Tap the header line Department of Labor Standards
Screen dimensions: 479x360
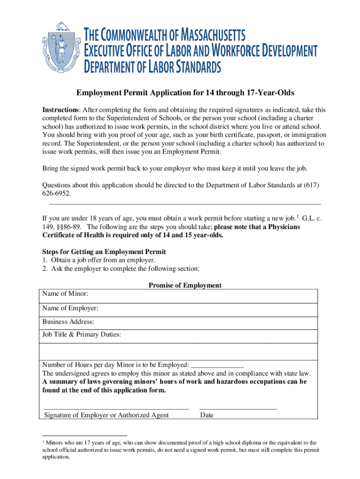click(x=152, y=67)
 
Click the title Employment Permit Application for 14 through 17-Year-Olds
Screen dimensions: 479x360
click(x=180, y=93)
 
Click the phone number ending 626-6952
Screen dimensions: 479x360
click(x=57, y=193)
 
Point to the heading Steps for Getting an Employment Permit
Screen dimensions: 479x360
click(x=104, y=252)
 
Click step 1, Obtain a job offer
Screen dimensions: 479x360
click(x=98, y=260)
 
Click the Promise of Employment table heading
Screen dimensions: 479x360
click(x=185, y=285)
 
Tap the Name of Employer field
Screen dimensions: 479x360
click(x=206, y=308)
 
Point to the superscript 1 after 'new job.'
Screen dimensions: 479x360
click(x=297, y=216)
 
